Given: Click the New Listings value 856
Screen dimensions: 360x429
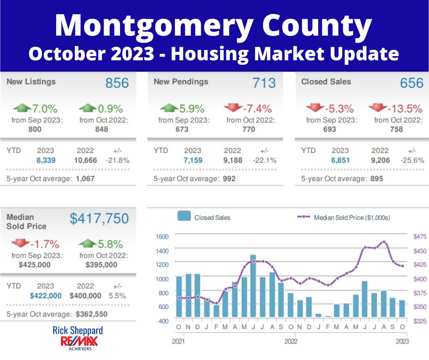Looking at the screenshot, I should [x=117, y=83].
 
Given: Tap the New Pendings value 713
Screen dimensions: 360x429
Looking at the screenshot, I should [x=264, y=83].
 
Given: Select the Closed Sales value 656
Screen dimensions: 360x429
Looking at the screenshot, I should [x=412, y=83].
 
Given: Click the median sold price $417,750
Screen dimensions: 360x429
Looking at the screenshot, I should [x=99, y=219].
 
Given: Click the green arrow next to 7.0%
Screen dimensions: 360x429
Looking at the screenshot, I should [x=22, y=108].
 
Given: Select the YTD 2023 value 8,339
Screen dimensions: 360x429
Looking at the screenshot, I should [x=45, y=160].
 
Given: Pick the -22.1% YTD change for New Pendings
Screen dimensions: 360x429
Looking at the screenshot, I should [x=264, y=160].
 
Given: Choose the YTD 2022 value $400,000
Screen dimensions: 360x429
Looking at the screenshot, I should [x=85, y=296].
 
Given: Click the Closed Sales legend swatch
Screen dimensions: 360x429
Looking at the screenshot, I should [x=184, y=217].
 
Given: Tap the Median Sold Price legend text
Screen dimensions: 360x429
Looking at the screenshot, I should [x=352, y=218].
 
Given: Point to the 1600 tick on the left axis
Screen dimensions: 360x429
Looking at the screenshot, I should [x=162, y=237].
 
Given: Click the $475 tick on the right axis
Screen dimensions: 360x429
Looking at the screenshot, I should [x=419, y=237].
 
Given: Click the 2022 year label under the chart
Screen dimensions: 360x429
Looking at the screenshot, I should [x=291, y=341].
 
